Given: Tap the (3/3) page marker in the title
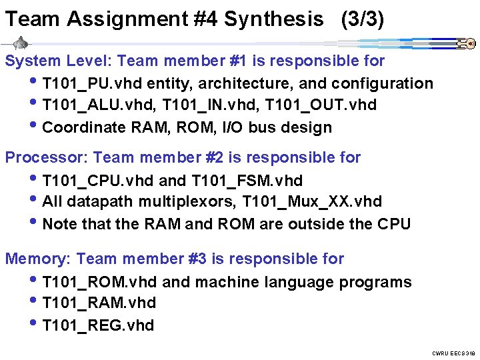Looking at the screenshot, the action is (362, 19).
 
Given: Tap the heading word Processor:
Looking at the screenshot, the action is (47, 158).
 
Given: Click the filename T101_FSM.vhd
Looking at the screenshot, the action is (247, 181).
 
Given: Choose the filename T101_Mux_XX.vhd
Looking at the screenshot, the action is (312, 202).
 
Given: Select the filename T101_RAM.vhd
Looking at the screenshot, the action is (99, 303).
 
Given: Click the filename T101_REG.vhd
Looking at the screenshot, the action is (98, 325).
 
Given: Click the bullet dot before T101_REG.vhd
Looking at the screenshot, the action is (35, 325).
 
